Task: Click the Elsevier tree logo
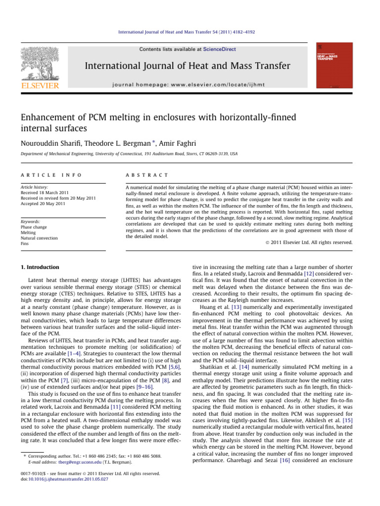[40, 63]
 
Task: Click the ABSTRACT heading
[141, 175]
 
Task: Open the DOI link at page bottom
[68, 479]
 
